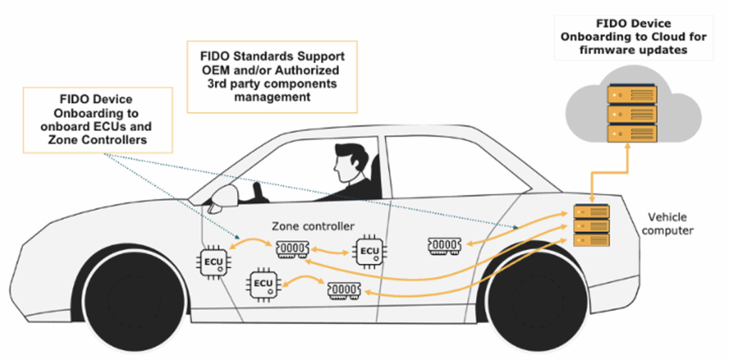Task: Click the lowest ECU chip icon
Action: click(x=263, y=285)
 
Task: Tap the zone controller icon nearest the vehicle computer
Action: click(x=446, y=245)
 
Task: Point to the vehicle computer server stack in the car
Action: click(x=593, y=225)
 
